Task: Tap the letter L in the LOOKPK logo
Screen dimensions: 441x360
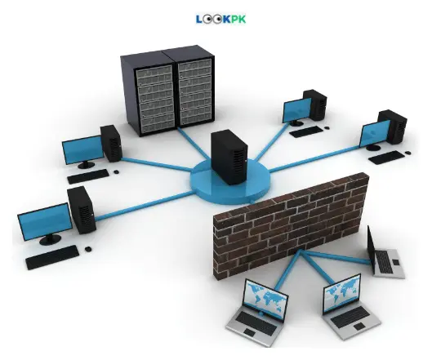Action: click(x=199, y=19)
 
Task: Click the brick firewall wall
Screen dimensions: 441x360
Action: click(x=291, y=224)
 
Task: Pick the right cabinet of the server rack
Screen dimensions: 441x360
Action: click(x=194, y=84)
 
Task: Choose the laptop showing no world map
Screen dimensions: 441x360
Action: click(x=385, y=255)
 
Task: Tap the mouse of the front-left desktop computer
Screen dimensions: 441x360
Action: click(x=88, y=249)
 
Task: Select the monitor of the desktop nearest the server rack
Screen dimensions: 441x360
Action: click(x=83, y=149)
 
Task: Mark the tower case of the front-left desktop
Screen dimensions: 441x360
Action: click(x=82, y=211)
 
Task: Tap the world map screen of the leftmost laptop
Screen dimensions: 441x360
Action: click(x=265, y=299)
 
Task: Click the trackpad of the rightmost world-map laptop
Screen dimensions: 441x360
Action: click(x=359, y=327)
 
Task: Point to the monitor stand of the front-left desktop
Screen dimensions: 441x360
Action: click(x=50, y=239)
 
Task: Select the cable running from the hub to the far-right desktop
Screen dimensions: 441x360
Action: click(x=315, y=158)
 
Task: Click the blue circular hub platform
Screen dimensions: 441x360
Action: click(x=230, y=182)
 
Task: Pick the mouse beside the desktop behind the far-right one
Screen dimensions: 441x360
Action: click(x=327, y=128)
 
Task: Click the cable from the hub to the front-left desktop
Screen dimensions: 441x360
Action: click(x=145, y=206)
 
